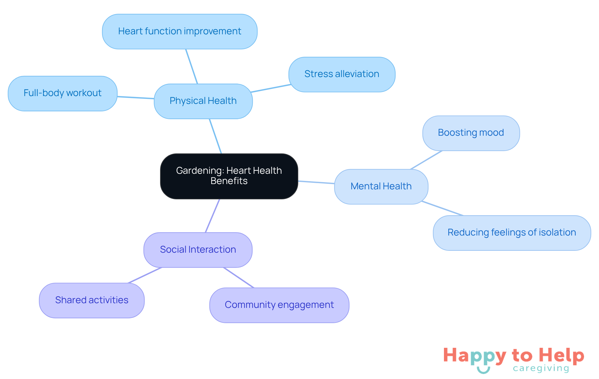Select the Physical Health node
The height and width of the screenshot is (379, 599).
pos(203,101)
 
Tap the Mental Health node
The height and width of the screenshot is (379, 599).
pos(381,187)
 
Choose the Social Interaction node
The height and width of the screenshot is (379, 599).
pos(198,250)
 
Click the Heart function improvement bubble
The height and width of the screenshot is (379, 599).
pos(180,32)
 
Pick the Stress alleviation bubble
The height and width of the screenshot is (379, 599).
pos(342,74)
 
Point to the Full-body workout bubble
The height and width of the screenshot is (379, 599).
pos(62,93)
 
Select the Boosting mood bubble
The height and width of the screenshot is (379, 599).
pos(471,133)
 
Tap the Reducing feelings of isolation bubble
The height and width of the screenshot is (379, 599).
pos(512,233)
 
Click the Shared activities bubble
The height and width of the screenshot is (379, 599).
pos(92,300)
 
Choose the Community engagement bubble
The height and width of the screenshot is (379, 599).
pos(279,305)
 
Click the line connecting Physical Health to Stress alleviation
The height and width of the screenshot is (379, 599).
pos(271,88)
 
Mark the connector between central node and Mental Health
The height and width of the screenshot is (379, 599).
pos(316,182)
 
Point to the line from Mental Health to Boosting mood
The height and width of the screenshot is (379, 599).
pos(426,160)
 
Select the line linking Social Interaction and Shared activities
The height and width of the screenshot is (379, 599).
pos(145,275)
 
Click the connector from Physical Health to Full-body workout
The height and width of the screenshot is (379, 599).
pos(136,98)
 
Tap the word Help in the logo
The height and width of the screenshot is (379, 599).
pos(561,356)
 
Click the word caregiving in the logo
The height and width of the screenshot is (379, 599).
pos(541,368)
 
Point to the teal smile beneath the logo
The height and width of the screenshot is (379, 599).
pos(483,370)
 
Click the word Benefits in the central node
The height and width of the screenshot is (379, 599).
pos(229,181)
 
